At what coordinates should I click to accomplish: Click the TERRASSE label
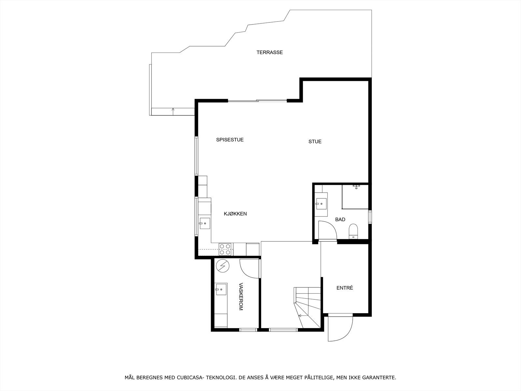point(269,52)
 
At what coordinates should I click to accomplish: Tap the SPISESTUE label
point(230,140)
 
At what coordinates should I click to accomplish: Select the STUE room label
point(315,141)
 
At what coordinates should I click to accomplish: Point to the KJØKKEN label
point(235,214)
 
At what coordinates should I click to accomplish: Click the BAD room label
point(340,220)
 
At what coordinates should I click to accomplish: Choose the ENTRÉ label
point(345,288)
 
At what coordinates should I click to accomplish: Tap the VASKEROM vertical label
point(241,296)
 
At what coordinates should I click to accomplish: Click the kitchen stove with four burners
point(225,249)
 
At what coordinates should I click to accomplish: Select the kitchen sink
point(205,224)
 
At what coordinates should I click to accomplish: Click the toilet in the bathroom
point(353,231)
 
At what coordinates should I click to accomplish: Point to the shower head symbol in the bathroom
point(357,187)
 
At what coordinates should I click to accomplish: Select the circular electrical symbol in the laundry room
point(223,266)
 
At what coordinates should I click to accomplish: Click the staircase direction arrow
point(300,315)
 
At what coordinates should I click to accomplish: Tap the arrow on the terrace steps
point(173,110)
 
